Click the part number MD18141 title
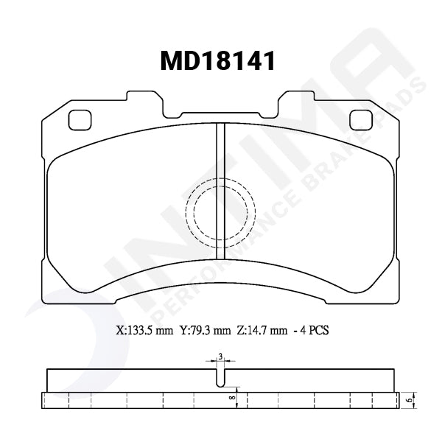click(x=218, y=61)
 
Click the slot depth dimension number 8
click(x=231, y=398)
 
